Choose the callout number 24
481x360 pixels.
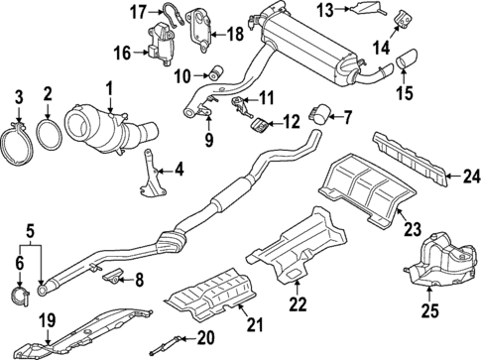coord(469,180)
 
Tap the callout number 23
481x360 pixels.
coord(413,228)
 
